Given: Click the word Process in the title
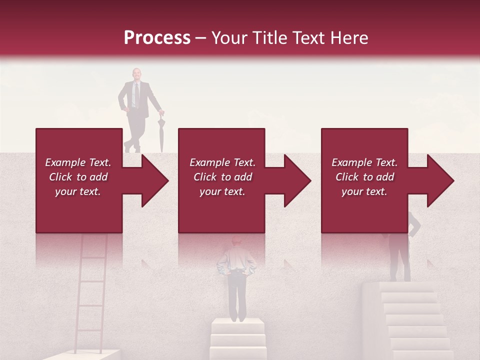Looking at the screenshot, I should pos(157,38).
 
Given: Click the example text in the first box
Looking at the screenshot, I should pos(78,177).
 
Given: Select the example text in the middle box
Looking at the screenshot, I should pos(222,177).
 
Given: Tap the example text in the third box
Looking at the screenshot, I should pos(364,177).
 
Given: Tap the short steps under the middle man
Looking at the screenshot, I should pos(237,337).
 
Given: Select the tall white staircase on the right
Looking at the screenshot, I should pos(410,320).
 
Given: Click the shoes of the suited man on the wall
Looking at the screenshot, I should pos(132,148).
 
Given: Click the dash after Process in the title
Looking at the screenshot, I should pos(201,38).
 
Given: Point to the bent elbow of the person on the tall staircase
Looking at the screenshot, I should pos(416,229).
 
